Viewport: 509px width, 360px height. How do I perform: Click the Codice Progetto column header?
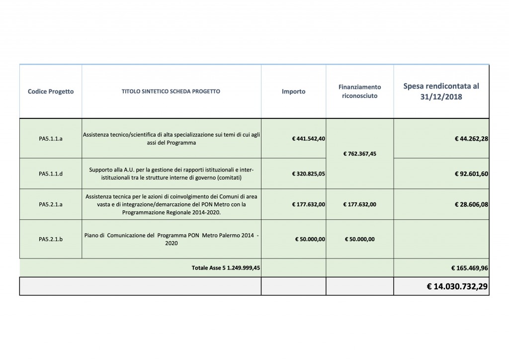click(51, 91)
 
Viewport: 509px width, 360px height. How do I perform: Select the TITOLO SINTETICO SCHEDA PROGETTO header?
click(171, 91)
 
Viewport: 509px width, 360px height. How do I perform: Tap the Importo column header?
click(293, 91)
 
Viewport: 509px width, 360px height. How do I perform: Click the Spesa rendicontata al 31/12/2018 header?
click(441, 91)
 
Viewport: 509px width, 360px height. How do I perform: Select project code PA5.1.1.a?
click(51, 139)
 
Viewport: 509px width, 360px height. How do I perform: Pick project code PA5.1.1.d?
click(51, 174)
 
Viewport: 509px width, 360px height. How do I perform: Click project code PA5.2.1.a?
click(51, 204)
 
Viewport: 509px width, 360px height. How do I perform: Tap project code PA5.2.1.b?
click(51, 239)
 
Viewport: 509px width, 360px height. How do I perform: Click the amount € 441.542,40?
click(309, 139)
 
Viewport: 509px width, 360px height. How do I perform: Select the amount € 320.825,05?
click(309, 174)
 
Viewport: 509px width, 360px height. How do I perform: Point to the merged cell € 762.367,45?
click(359, 154)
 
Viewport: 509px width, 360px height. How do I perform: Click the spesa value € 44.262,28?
click(471, 139)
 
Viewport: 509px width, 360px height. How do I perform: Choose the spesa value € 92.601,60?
click(471, 174)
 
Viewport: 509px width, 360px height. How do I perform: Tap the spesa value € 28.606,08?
click(471, 204)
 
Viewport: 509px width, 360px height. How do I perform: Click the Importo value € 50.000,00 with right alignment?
click(310, 239)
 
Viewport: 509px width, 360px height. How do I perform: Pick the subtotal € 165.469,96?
click(470, 268)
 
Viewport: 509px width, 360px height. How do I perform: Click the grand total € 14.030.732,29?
click(457, 286)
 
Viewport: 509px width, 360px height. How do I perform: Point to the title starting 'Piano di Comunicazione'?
click(171, 239)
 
